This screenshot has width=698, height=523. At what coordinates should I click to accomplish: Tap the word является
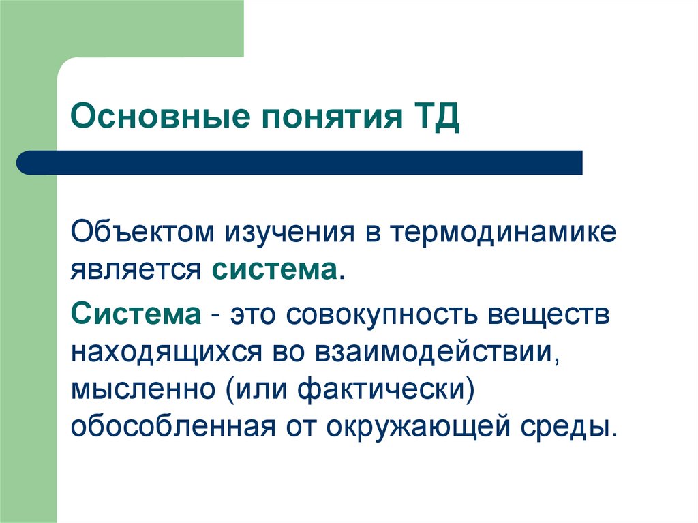(136, 269)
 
